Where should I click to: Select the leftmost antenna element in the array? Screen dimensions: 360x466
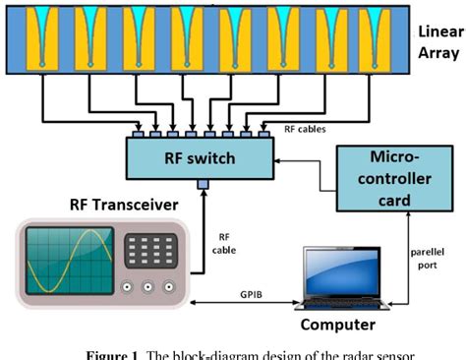pos(41,39)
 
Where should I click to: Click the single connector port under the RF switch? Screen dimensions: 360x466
pos(203,184)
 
